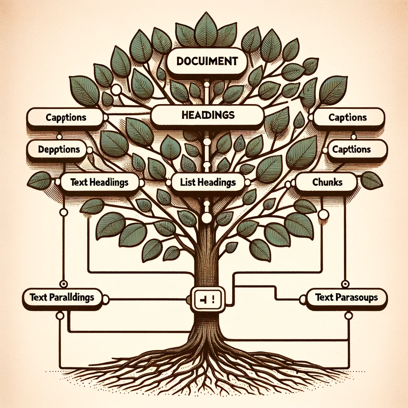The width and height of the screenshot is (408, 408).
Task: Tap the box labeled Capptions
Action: [x=66, y=118]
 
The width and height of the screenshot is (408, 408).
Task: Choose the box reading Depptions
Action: [x=59, y=150]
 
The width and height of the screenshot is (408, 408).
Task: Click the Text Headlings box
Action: [x=99, y=182]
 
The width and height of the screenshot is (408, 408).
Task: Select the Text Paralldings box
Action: [x=61, y=297]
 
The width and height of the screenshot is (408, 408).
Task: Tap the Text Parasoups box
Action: [x=346, y=297]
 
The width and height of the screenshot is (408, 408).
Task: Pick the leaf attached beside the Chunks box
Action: [x=371, y=180]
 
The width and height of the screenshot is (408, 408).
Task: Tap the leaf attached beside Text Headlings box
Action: [x=39, y=180]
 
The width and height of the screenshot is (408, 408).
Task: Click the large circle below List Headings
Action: [x=207, y=218]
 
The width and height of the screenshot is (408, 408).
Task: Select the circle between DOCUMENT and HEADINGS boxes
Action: [x=206, y=84]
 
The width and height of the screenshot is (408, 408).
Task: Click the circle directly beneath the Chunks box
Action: [x=324, y=214]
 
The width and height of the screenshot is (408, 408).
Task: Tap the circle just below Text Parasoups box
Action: [x=349, y=316]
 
